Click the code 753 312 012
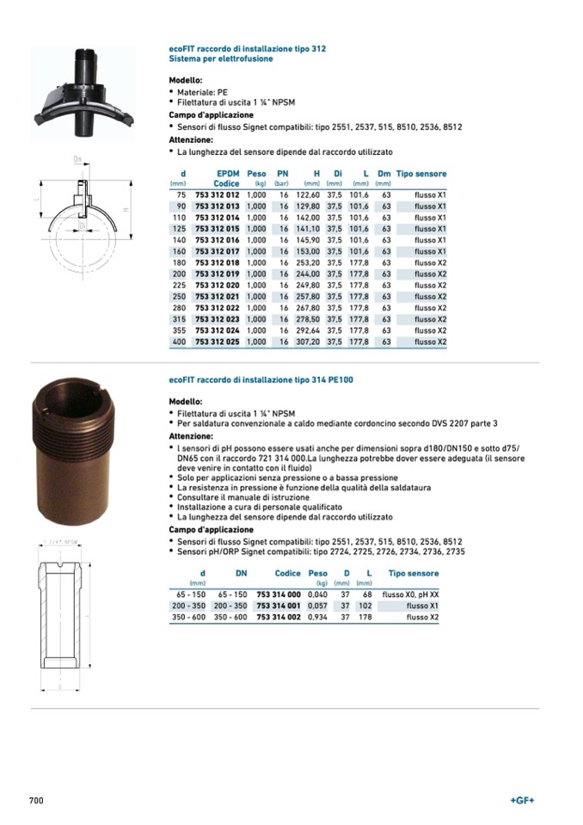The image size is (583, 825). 218,195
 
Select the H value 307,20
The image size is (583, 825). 308,342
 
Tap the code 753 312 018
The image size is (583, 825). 218,262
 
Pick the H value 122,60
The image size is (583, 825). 308,195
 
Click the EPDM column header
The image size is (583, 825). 228,174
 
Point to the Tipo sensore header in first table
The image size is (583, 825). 421,174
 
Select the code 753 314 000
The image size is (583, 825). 279,594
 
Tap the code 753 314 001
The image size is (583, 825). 279,606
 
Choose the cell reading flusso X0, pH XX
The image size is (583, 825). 410,594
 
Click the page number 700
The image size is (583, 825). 36,800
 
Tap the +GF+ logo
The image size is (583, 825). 522,800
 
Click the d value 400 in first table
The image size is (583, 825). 179,342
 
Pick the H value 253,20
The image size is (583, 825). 308,262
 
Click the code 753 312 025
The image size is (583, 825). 218,342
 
